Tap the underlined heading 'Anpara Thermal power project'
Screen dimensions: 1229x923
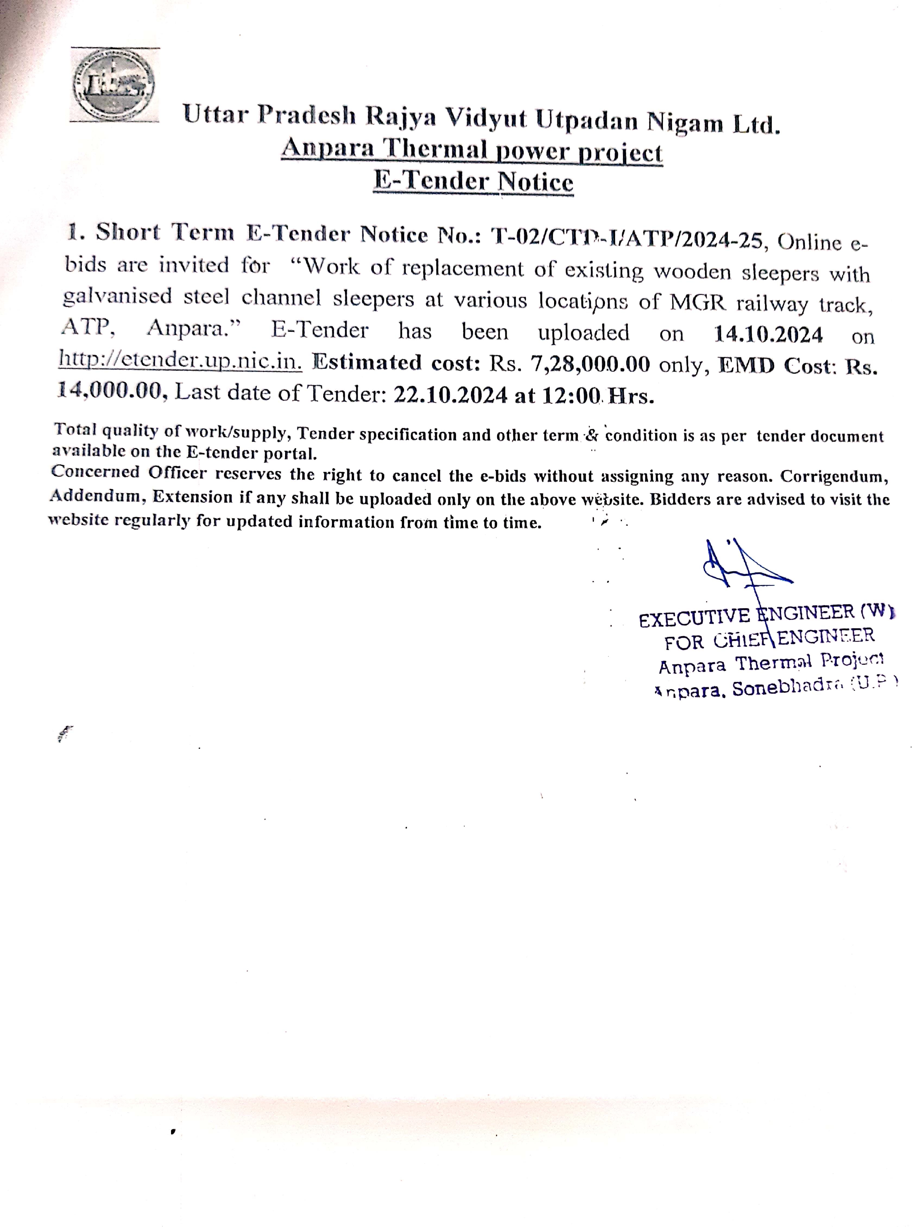point(472,151)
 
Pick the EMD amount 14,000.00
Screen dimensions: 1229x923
point(111,391)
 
